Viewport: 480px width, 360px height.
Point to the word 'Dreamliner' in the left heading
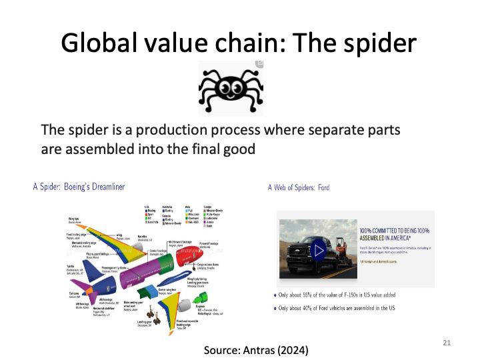(103, 187)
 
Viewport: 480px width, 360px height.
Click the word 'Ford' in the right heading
(321, 187)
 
